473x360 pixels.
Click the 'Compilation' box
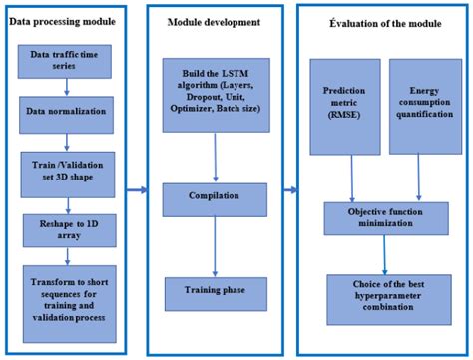(216, 198)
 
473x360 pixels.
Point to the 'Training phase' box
(216, 291)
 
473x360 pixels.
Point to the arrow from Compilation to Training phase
(216, 246)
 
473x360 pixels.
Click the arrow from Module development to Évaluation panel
(289, 187)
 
